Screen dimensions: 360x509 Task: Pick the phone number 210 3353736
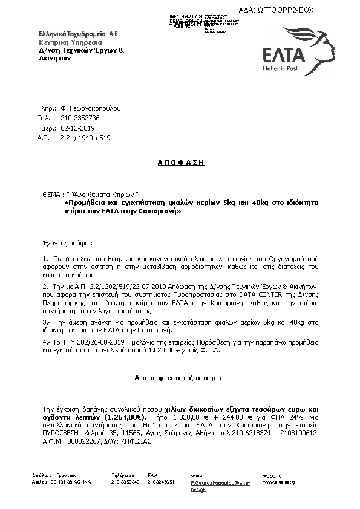click(80, 118)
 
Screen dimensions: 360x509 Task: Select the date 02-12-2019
click(77, 128)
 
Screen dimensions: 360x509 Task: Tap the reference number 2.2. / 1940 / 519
click(85, 138)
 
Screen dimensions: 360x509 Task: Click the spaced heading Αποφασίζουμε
click(179, 377)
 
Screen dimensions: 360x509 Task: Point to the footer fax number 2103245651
click(161, 482)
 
